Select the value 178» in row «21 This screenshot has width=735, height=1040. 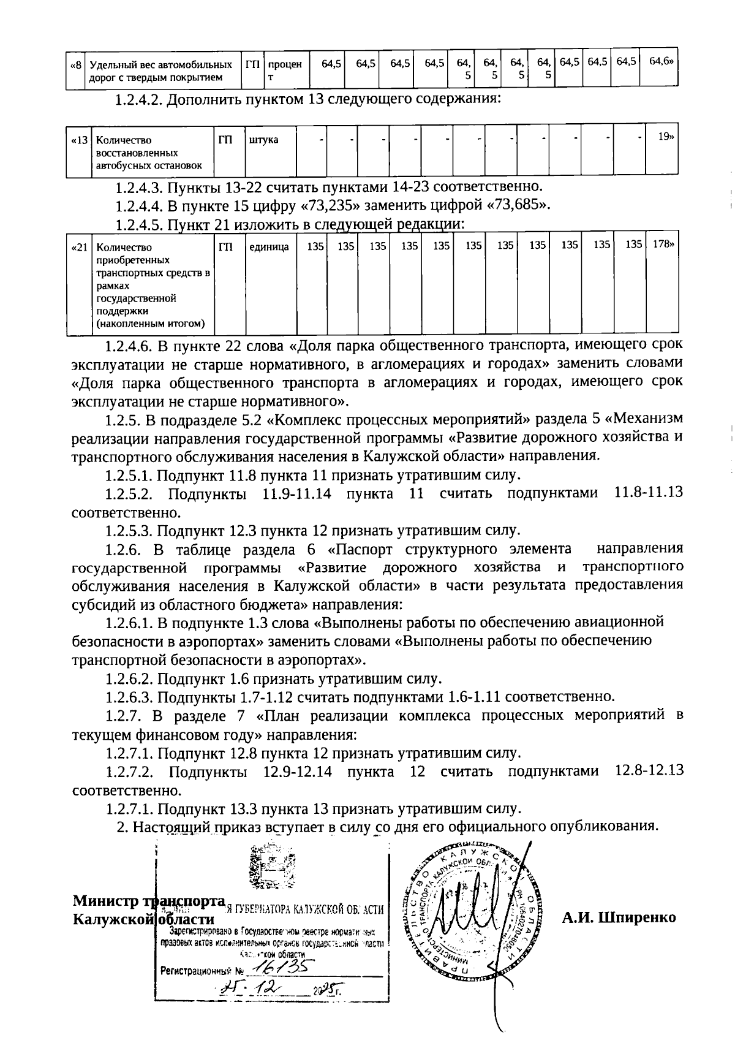pyautogui.click(x=663, y=244)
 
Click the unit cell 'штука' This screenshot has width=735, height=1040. pyautogui.click(x=263, y=140)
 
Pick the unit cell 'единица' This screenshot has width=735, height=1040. pyautogui.click(x=269, y=247)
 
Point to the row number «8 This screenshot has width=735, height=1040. pyautogui.click(x=76, y=64)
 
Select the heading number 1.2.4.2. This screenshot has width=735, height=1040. pyautogui.click(x=139, y=100)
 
